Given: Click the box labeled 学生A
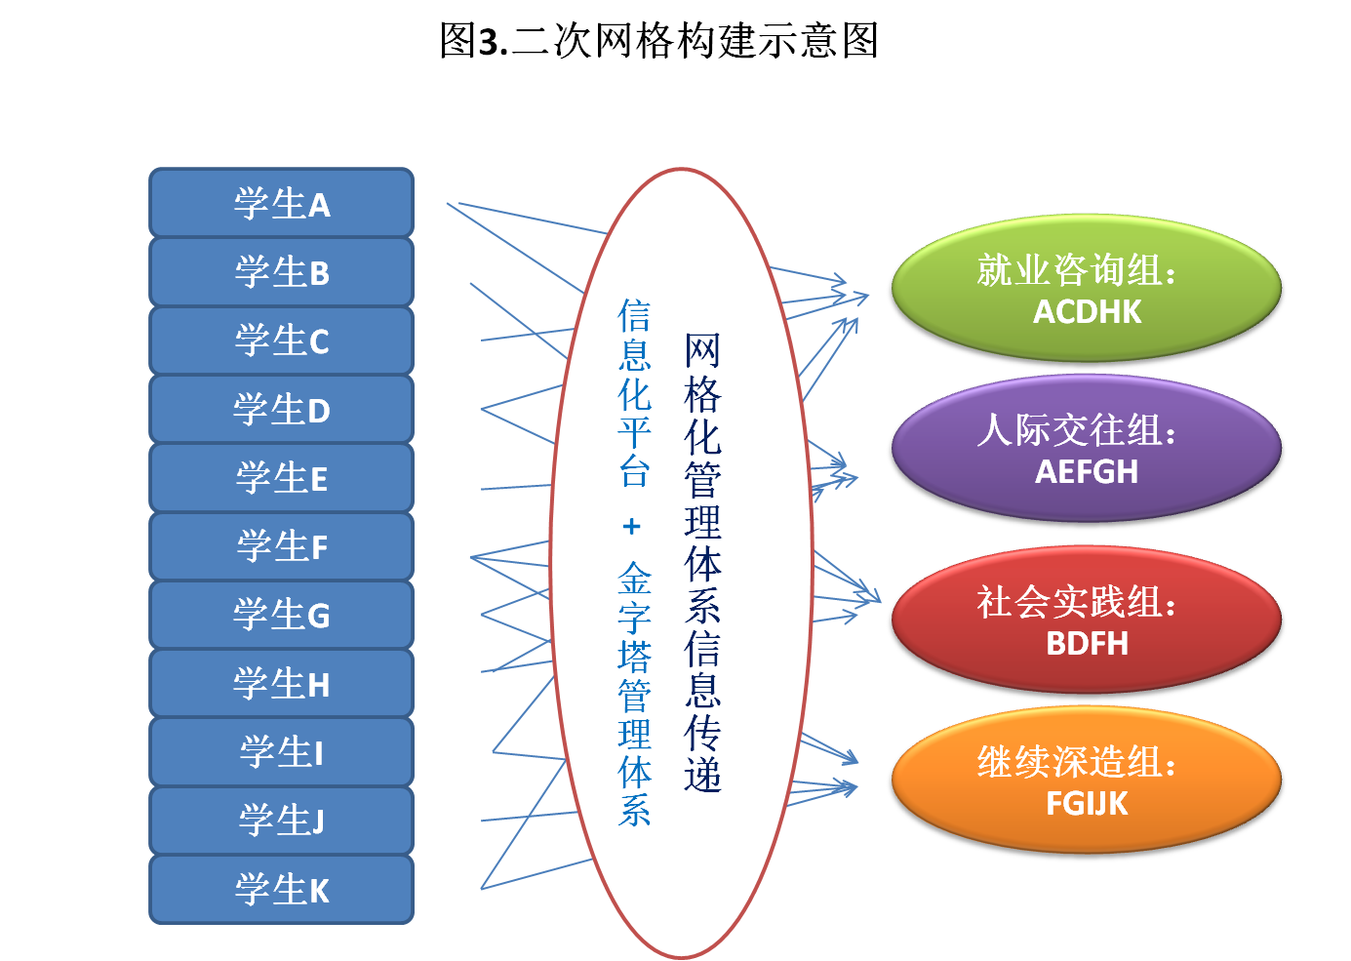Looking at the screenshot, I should (x=281, y=203).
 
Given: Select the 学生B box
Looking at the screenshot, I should (x=281, y=271).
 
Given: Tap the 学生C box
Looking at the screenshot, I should (x=281, y=340).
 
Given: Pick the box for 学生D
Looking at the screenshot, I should (x=281, y=409).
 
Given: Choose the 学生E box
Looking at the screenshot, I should (x=281, y=478).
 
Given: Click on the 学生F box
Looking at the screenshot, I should (x=281, y=546).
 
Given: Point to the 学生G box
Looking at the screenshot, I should (x=281, y=615).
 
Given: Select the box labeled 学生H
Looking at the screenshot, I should (x=281, y=684).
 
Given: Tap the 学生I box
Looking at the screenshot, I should (x=281, y=752).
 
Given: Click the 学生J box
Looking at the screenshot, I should (x=281, y=821).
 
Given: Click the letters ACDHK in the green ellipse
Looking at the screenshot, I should (x=1087, y=312).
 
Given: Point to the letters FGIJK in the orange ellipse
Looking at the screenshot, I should (x=1087, y=804).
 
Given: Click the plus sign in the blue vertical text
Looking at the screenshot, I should (x=632, y=527).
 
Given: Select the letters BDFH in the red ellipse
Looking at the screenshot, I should (x=1087, y=644).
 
